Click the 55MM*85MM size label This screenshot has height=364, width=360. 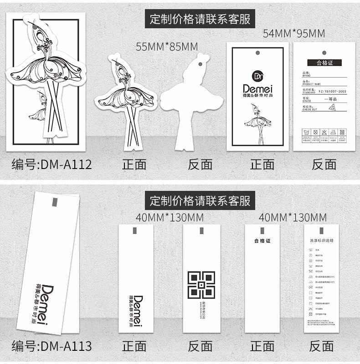(x=167, y=46)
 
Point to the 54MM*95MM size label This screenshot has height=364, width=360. (x=294, y=33)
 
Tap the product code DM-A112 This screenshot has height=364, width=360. (x=51, y=164)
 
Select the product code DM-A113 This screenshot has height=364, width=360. (x=51, y=346)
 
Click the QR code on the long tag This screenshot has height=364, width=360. (x=201, y=285)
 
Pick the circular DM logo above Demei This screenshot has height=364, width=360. (x=257, y=75)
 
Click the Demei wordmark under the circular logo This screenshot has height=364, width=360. (x=257, y=88)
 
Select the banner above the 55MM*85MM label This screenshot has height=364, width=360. (x=201, y=19)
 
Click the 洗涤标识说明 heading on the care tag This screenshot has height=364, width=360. (x=321, y=240)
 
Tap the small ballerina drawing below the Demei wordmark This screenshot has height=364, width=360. (x=257, y=121)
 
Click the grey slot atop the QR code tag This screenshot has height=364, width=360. (x=201, y=231)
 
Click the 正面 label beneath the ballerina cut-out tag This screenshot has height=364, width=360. (x=134, y=164)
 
